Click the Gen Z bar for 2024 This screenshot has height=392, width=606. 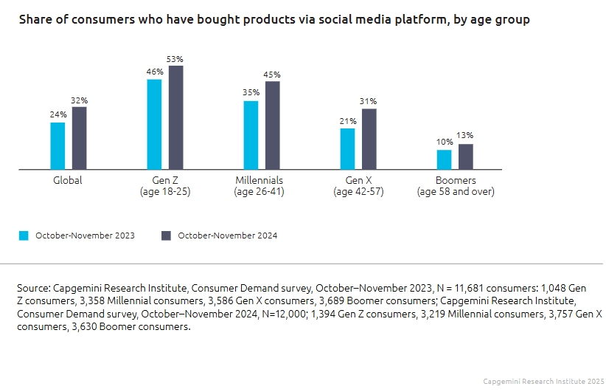175,117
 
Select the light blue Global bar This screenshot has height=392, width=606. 58,145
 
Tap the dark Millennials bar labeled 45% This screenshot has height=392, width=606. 273,125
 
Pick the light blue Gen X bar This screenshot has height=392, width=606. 347,148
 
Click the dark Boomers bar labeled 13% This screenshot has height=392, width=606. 466,157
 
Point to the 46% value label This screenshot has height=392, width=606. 154,71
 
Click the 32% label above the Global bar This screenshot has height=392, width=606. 80,100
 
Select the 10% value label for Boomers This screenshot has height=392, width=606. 444,142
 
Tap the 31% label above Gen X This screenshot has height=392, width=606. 369,101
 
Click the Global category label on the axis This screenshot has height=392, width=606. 68,180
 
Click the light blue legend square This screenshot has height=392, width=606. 24,235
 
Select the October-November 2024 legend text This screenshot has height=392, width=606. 228,235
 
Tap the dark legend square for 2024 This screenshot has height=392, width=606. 166,235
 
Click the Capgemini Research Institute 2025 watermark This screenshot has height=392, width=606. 543,381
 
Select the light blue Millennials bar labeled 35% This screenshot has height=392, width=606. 251,135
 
